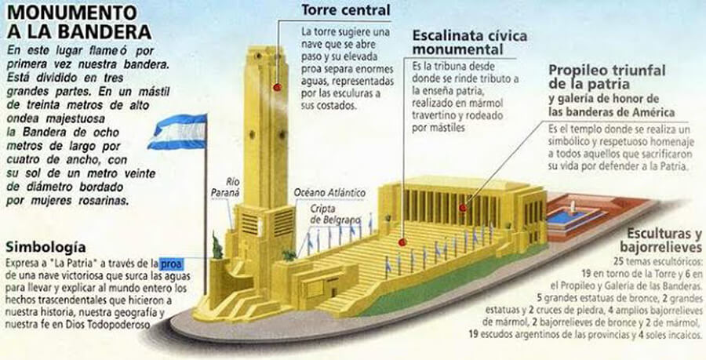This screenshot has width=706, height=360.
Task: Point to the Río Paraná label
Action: [224, 186]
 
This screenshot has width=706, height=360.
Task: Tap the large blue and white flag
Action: [177, 131]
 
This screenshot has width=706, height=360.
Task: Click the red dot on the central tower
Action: [277, 88]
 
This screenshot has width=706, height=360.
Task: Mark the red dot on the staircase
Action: [402, 243]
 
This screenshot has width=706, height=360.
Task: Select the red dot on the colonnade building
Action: [464, 209]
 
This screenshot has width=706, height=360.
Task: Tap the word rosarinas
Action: [104, 202]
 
